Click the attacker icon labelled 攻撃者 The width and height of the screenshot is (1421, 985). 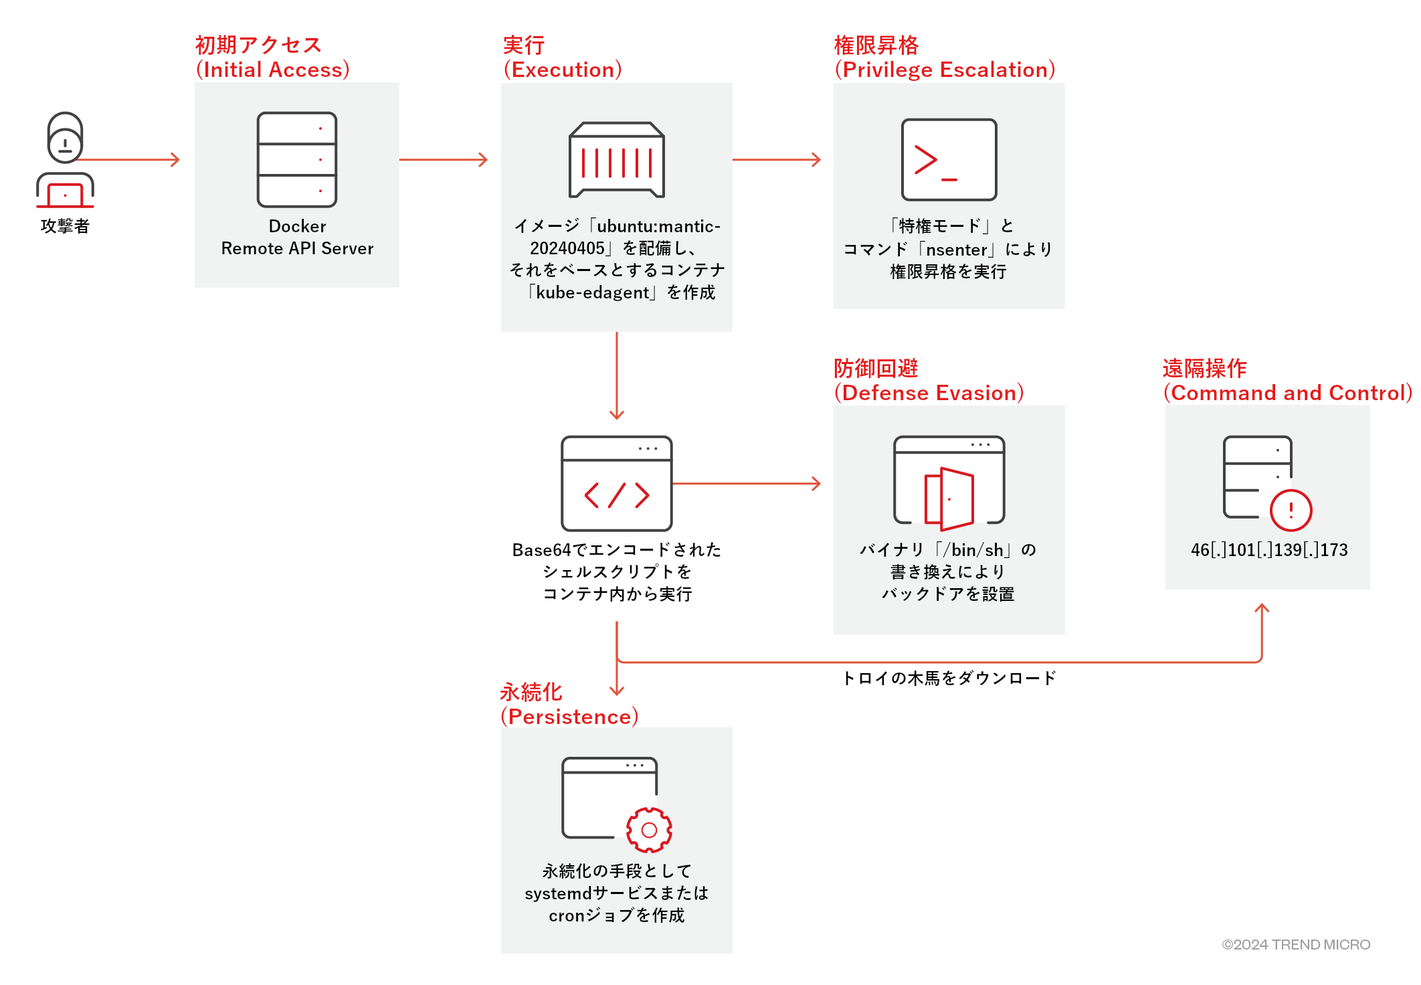coord(65,161)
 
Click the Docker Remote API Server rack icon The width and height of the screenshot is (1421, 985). coord(297,160)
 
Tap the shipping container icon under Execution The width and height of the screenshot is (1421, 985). coord(616,160)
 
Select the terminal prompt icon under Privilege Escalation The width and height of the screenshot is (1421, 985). coord(949,160)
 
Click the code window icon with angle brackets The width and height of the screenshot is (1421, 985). coord(616,483)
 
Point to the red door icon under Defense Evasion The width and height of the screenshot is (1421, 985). coord(949,499)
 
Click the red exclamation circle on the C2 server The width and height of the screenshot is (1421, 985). coord(1291,510)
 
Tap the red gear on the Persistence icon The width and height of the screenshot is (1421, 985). coord(649,830)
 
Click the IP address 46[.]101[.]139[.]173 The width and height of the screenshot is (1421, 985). coord(1269,550)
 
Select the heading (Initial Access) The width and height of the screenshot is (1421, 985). coord(273,70)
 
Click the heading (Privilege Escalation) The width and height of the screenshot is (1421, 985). coord(945,70)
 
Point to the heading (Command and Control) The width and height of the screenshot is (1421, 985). coord(1288,393)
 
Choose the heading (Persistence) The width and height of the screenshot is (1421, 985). coord(570,717)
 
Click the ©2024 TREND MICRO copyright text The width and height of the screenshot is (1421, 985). coord(1296,944)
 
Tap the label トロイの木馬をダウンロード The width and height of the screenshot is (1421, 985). coord(949,679)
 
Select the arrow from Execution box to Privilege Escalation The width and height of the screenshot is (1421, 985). coord(776,160)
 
